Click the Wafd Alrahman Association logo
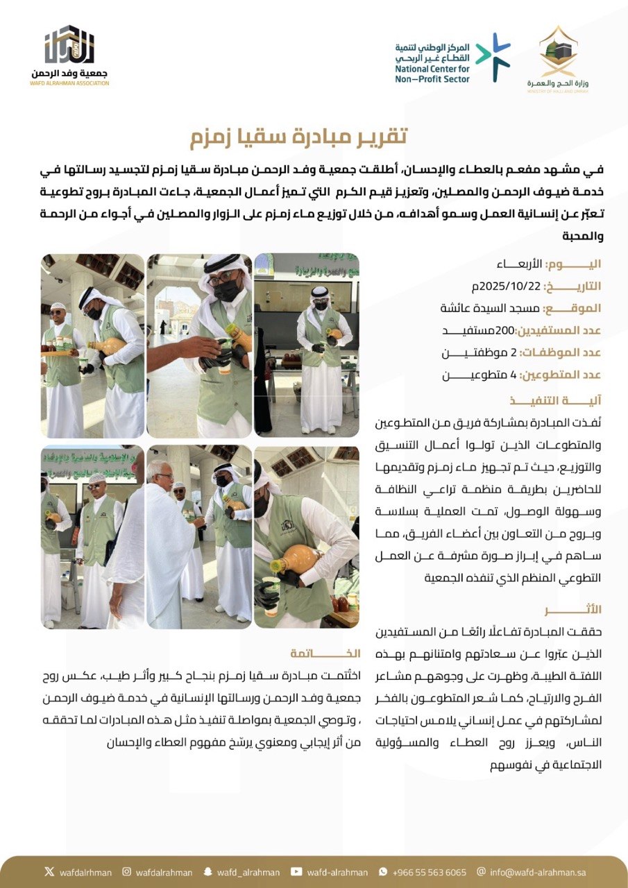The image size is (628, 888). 70,55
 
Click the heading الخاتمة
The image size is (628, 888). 326,653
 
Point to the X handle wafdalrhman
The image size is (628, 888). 83,872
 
